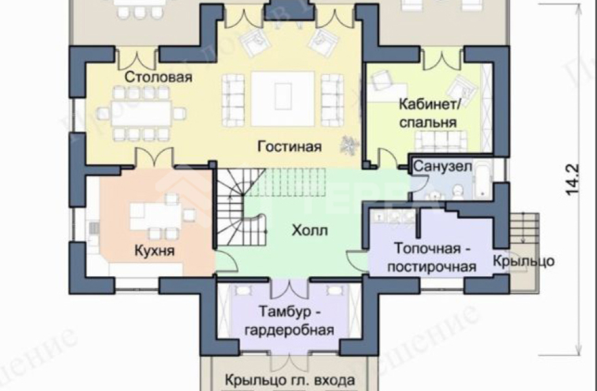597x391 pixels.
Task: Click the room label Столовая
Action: [x=159, y=77]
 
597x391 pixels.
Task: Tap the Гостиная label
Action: [x=289, y=146]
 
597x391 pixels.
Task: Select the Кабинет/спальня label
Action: [x=427, y=112]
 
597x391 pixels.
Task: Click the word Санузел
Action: [x=442, y=166]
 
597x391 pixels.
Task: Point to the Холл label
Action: [x=309, y=230]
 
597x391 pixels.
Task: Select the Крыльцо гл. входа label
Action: [x=290, y=380]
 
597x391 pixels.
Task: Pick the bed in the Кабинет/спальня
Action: [x=439, y=139]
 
